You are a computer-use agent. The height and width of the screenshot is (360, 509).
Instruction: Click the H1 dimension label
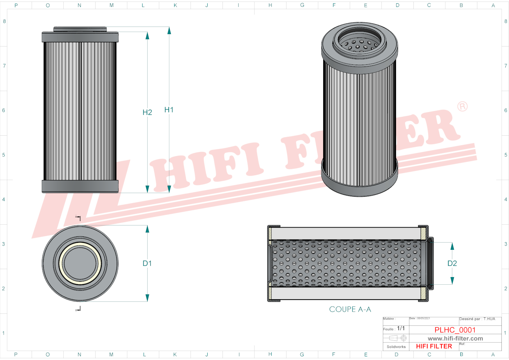click(169, 110)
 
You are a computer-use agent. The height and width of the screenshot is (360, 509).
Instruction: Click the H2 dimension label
click(147, 112)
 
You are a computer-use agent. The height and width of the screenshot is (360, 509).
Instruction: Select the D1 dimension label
click(147, 263)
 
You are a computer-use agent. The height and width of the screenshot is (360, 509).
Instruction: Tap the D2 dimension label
click(452, 263)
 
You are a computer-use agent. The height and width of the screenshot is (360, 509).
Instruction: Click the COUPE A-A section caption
click(350, 309)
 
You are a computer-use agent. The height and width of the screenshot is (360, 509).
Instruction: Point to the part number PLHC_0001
click(455, 330)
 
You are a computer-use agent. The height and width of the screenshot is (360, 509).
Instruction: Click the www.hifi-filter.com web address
click(455, 339)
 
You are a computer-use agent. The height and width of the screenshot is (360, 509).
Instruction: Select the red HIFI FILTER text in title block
click(434, 346)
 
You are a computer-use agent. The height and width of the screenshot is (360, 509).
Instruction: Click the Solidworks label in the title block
click(396, 347)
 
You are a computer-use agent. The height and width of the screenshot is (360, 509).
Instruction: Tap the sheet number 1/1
click(401, 328)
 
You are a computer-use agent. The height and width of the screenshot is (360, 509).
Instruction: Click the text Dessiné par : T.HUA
click(477, 319)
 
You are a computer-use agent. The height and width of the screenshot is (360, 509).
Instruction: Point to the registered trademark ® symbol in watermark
click(462, 107)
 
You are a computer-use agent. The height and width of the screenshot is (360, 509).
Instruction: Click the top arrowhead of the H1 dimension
click(169, 31)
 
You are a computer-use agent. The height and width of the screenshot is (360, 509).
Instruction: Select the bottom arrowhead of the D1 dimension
click(147, 298)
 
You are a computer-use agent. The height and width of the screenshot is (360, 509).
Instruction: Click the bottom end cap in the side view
click(80, 186)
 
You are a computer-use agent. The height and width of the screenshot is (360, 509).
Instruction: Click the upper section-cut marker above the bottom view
click(78, 218)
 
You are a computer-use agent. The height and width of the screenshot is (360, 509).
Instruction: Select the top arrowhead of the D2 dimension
click(452, 246)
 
